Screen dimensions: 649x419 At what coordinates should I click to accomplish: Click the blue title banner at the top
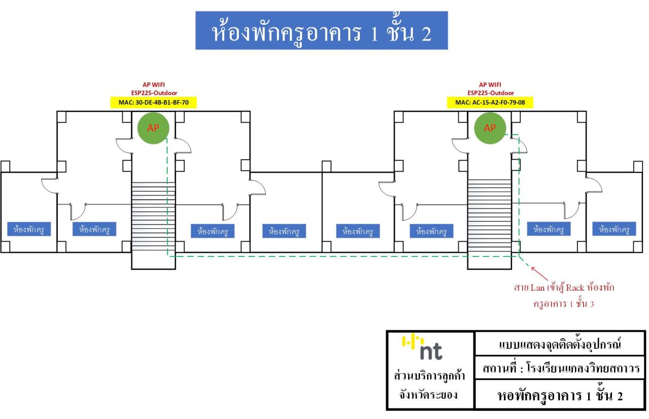coord(321,30)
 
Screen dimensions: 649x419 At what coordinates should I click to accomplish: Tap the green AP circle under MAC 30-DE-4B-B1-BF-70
coord(153,128)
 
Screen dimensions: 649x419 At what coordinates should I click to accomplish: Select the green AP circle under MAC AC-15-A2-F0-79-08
coord(490,128)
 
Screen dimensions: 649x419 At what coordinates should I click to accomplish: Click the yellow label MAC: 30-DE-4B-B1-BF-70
coord(154,102)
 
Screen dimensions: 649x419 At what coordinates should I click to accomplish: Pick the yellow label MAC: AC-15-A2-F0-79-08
coord(490,102)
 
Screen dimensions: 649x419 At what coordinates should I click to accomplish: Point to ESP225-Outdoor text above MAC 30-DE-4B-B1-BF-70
coord(154,93)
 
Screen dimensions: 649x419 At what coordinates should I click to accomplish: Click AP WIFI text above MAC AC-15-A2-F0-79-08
coord(490,85)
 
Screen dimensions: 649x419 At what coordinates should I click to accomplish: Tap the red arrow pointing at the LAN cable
coord(539,273)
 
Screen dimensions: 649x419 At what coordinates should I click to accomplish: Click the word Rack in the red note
coord(575,288)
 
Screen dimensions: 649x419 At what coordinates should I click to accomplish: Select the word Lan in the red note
coord(537,288)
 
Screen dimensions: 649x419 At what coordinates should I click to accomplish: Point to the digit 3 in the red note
coord(592,304)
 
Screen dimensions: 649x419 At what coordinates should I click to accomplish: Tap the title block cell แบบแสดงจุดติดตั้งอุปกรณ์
coord(560,344)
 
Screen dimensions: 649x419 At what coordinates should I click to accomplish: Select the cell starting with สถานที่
coord(560,368)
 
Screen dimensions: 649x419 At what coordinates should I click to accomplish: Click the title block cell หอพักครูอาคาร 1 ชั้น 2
coord(560,395)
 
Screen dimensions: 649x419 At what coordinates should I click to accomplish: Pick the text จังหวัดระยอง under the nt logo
coord(428,395)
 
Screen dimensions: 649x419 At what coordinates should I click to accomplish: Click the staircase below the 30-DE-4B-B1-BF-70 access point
coord(153,217)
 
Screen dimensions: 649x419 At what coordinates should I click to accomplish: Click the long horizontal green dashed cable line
coord(343,256)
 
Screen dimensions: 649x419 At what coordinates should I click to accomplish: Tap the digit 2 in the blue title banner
coord(427,34)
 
